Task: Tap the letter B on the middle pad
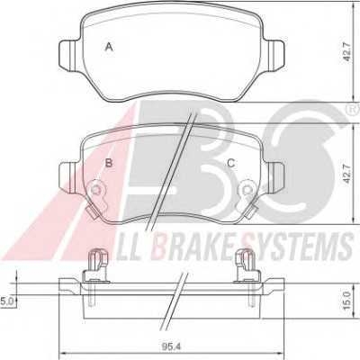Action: [109, 163]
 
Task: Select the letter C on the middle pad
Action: [230, 163]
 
